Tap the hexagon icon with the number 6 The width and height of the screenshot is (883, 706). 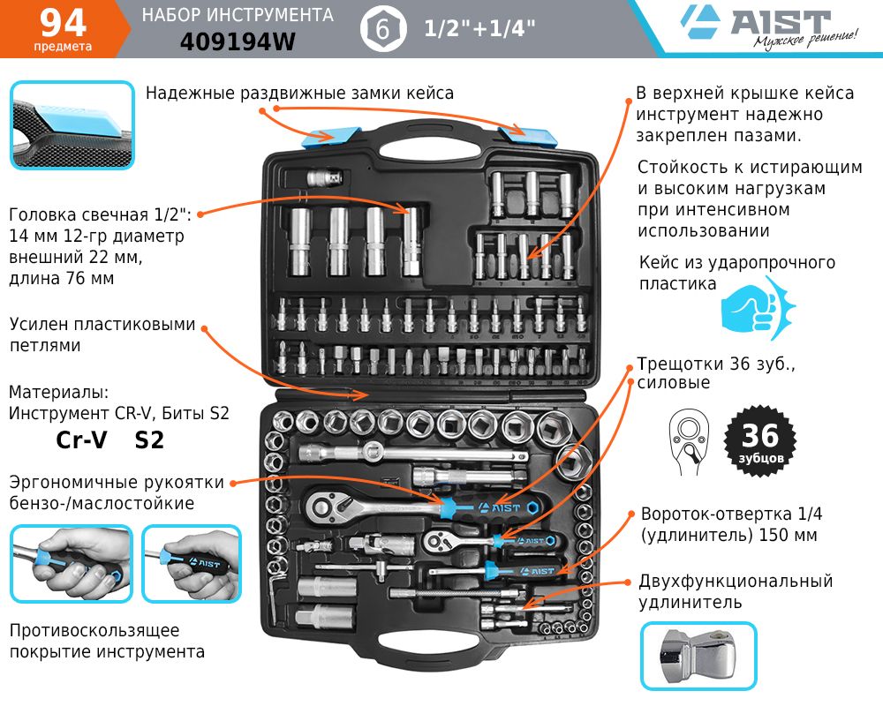click(382, 29)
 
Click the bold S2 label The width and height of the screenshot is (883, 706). click(149, 439)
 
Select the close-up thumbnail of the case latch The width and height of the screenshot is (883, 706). click(72, 124)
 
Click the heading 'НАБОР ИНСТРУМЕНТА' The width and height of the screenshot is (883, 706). click(238, 15)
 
